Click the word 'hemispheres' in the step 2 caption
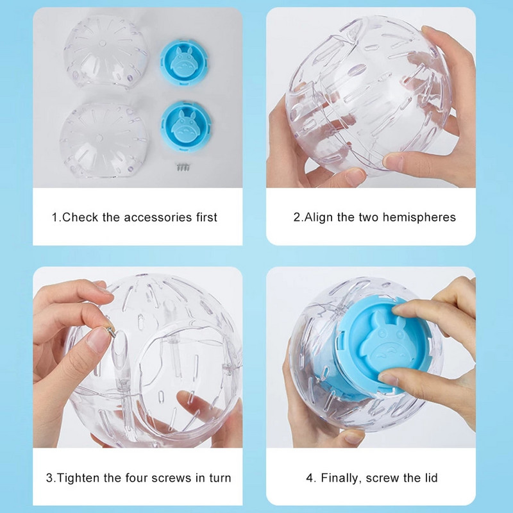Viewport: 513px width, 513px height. click(x=419, y=217)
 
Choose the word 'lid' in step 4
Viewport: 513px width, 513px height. click(x=429, y=478)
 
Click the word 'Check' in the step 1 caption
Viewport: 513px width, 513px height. click(x=80, y=217)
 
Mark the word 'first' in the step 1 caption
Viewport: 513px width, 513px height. click(x=202, y=217)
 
